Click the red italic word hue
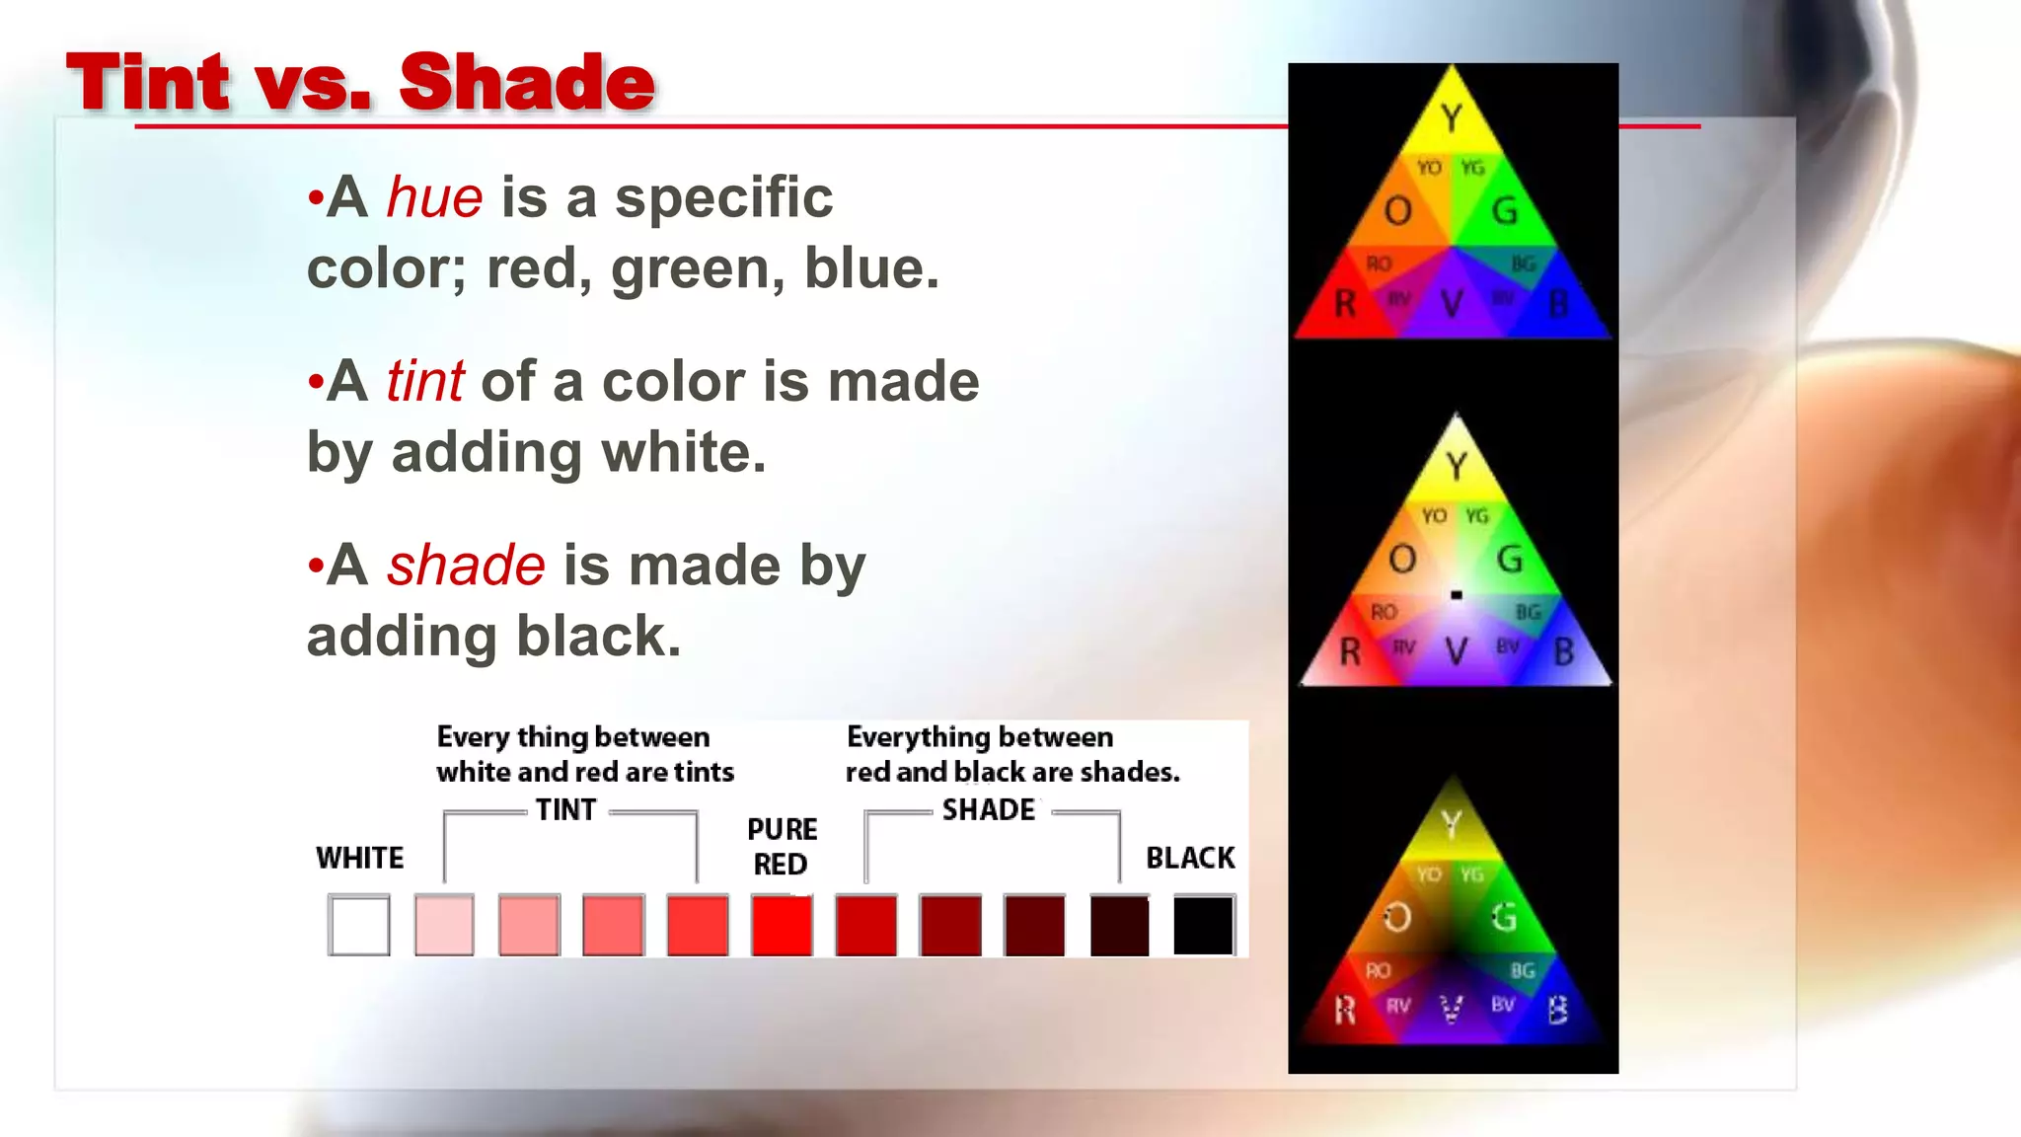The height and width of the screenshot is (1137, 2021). point(434,196)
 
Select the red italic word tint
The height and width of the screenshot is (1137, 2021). point(424,381)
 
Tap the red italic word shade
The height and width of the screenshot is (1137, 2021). point(466,565)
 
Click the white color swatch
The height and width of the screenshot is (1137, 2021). point(359,925)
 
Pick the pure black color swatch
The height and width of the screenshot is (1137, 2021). point(1204,925)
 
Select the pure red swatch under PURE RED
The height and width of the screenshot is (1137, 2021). point(782,925)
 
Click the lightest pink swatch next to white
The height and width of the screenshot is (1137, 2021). point(444,925)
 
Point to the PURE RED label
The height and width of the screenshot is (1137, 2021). point(782,846)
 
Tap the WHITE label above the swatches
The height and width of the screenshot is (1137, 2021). point(360,858)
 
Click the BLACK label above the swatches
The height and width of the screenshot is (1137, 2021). point(1190,858)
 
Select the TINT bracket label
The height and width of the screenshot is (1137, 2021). point(566,809)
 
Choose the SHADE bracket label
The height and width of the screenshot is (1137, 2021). point(989,809)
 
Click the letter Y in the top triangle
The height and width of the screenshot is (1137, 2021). point(1451,118)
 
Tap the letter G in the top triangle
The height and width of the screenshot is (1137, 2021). point(1505,210)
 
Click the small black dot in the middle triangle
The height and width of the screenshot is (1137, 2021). point(1457,594)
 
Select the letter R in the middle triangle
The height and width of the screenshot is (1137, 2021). point(1350,651)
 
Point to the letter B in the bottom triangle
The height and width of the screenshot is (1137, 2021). point(1558,1010)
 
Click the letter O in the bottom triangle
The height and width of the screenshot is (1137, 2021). point(1396,918)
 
